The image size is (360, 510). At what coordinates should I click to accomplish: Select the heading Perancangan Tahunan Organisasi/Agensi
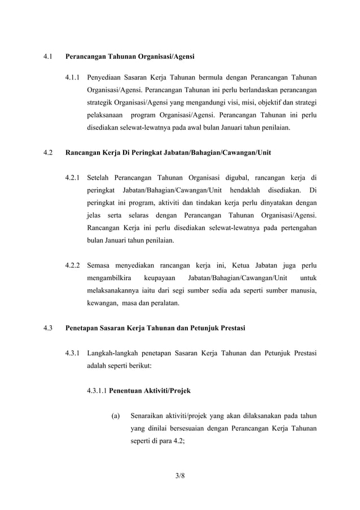coord(130,57)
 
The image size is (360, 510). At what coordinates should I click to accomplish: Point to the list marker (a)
coord(116,417)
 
